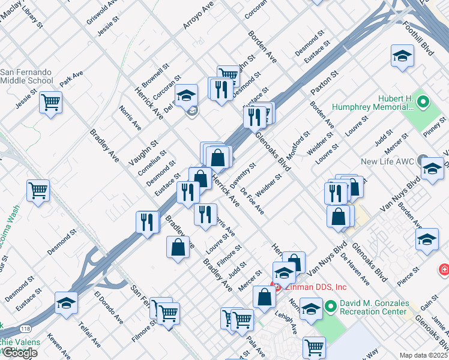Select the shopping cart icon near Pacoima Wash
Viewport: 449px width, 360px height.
tap(38, 191)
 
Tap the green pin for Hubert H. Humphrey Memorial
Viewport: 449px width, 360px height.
tap(423, 101)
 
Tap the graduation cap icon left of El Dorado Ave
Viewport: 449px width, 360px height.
tap(66, 302)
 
